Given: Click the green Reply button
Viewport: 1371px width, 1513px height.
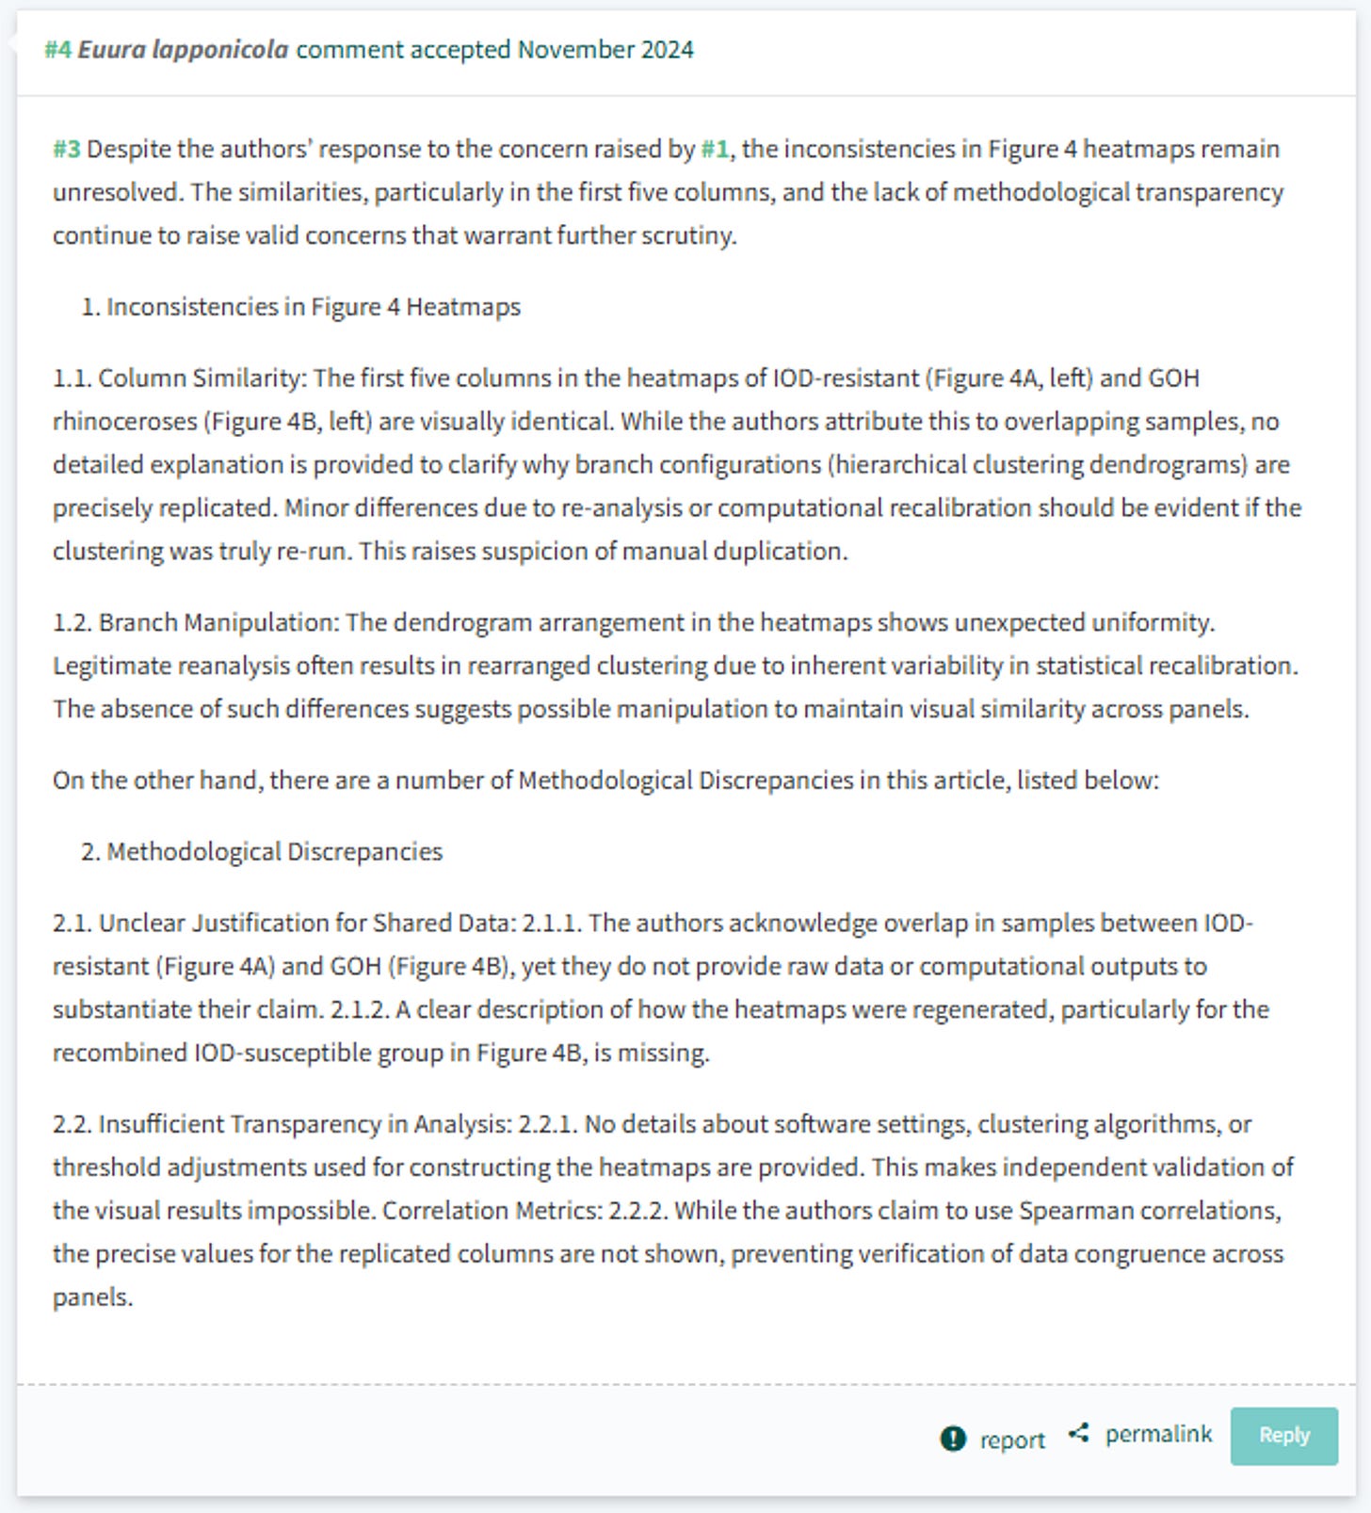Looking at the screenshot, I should pyautogui.click(x=1283, y=1435).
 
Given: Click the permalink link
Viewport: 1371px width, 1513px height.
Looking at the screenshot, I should pyautogui.click(x=1158, y=1434).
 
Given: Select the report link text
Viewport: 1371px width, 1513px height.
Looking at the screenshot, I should pyautogui.click(x=1012, y=1440).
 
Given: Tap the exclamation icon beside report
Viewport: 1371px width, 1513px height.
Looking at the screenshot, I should pyautogui.click(x=953, y=1439).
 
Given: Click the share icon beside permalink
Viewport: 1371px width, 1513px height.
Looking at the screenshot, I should pyautogui.click(x=1079, y=1433).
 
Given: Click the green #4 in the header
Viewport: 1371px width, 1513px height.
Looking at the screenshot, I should pyautogui.click(x=57, y=49).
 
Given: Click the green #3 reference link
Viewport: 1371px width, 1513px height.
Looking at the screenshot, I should pyautogui.click(x=66, y=149).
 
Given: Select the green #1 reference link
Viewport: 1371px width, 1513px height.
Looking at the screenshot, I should pyautogui.click(x=715, y=149).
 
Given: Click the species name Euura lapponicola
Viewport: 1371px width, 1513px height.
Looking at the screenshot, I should pyautogui.click(x=183, y=49).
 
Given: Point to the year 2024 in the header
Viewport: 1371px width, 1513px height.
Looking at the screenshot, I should pyautogui.click(x=668, y=49).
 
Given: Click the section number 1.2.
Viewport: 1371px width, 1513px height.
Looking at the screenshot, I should pyautogui.click(x=72, y=622).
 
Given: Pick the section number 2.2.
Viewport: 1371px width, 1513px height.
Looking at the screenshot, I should pyautogui.click(x=72, y=1124).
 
